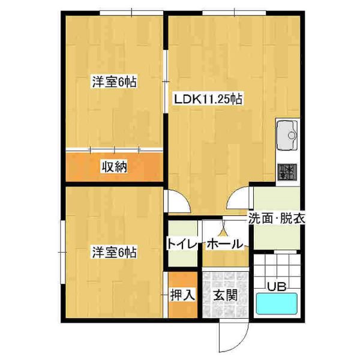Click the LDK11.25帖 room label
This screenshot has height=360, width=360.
coord(208,100)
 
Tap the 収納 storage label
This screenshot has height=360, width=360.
coord(115,167)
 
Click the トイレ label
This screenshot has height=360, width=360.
coord(182,244)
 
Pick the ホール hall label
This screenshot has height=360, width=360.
coord(224,244)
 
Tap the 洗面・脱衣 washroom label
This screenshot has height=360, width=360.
coord(277,218)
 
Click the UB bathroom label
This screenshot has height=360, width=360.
coord(277,287)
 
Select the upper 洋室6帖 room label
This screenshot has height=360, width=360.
coord(115,82)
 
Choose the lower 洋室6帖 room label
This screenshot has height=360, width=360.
coord(115,252)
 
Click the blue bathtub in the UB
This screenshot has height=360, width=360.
coord(277,303)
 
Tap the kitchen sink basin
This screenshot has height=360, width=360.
coord(287,136)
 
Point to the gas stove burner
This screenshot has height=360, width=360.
coord(287,172)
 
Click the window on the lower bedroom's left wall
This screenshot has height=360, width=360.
coord(62,252)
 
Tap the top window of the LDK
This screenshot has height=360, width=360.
coord(234,13)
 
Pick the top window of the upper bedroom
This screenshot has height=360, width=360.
coord(131,13)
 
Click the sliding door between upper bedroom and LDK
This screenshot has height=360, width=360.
coord(166,82)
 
